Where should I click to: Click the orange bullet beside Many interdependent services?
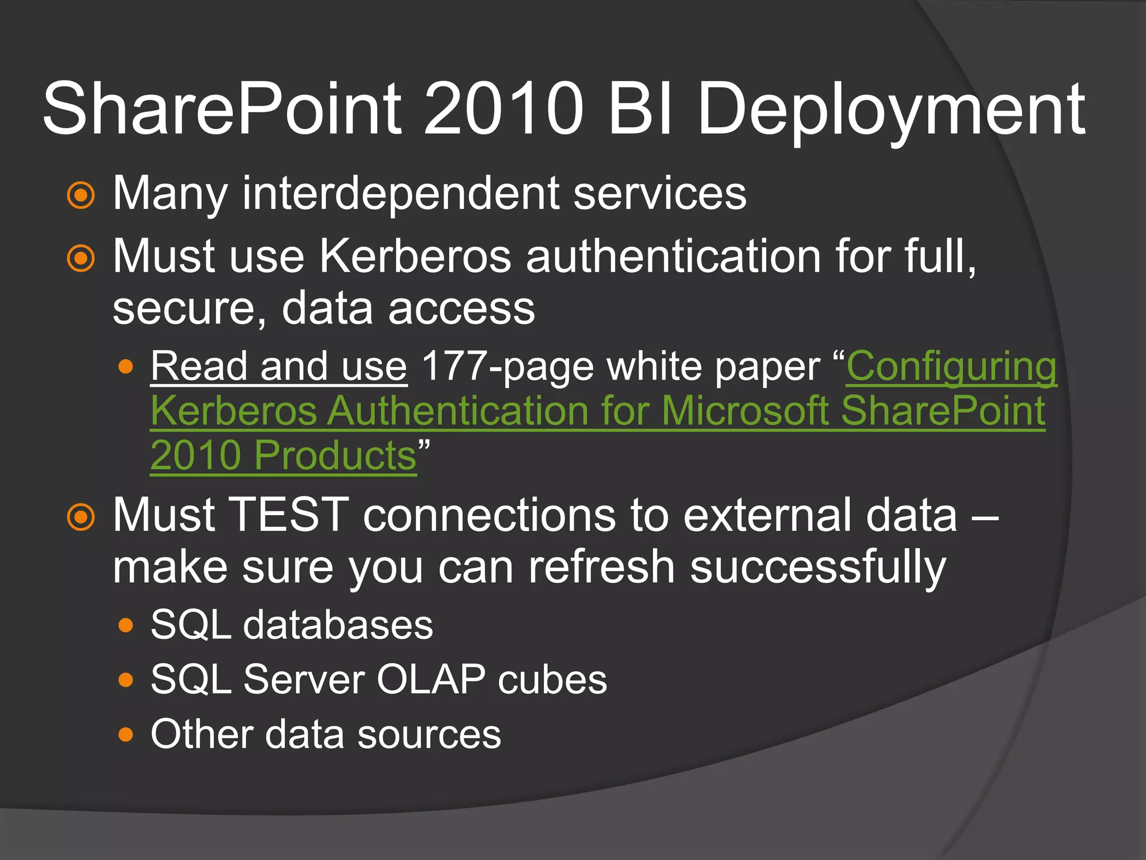(x=81, y=195)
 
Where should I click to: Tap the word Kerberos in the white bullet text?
(x=415, y=256)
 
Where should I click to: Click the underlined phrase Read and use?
(x=279, y=367)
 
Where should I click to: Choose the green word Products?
(x=335, y=455)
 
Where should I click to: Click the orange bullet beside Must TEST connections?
(x=81, y=517)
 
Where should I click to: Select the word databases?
(x=337, y=625)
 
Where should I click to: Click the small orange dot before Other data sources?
(x=126, y=735)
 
